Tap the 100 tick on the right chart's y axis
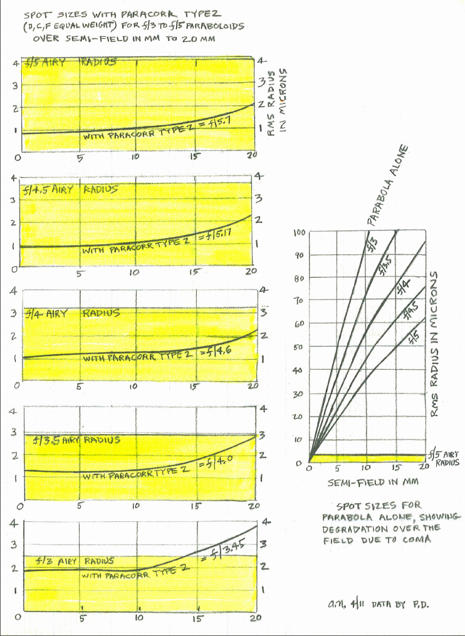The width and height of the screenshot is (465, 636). (x=300, y=233)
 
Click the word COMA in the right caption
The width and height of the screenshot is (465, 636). (x=416, y=540)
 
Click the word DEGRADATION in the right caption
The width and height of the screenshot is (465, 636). (x=355, y=528)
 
